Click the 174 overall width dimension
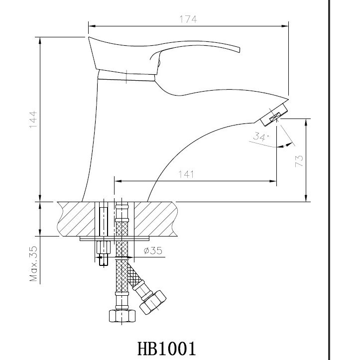(189, 19)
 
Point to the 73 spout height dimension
(299, 160)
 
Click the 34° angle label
(261, 136)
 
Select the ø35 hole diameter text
(153, 251)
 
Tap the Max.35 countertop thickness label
(33, 264)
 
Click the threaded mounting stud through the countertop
(103, 221)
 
